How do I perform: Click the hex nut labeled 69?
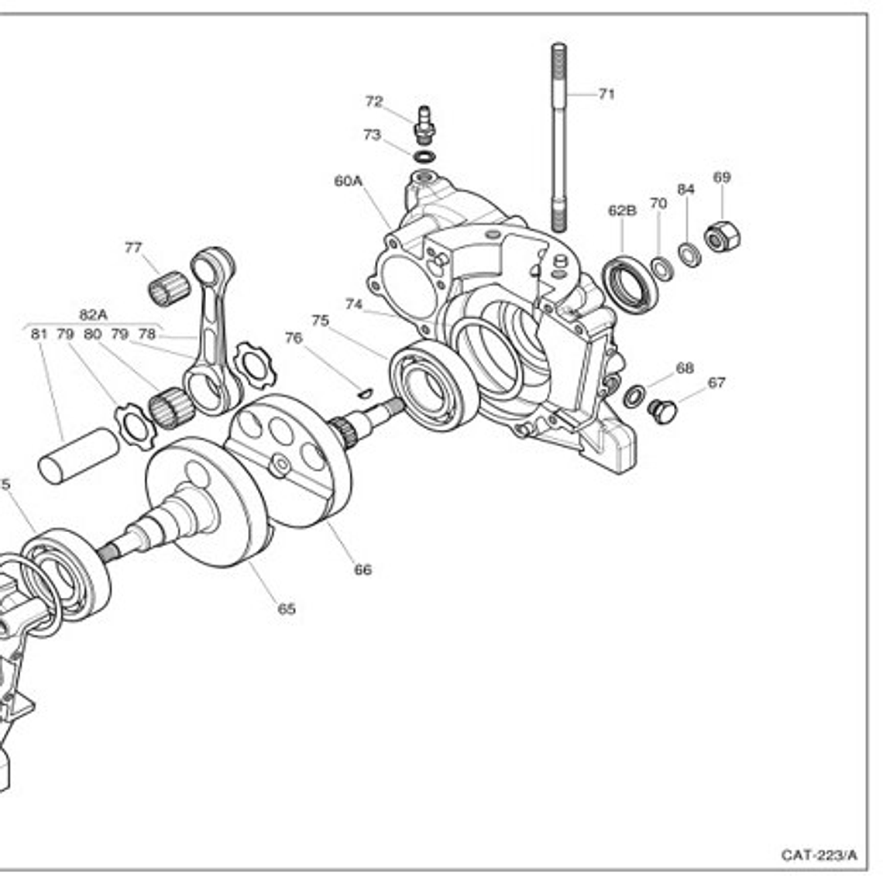(x=723, y=234)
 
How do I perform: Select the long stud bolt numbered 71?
(x=558, y=139)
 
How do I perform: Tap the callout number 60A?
(x=348, y=181)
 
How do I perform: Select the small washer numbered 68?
(x=634, y=396)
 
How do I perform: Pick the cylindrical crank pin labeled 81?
(x=78, y=456)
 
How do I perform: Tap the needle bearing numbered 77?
(x=169, y=290)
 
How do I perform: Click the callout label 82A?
(x=93, y=314)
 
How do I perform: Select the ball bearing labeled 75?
(x=434, y=385)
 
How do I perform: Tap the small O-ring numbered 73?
(x=424, y=156)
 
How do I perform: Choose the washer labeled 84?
(x=689, y=253)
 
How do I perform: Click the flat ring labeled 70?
(x=661, y=268)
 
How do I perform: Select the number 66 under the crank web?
(x=362, y=570)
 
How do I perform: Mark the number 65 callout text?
(x=287, y=610)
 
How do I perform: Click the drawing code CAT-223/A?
(x=819, y=855)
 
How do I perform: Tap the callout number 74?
(x=354, y=305)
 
